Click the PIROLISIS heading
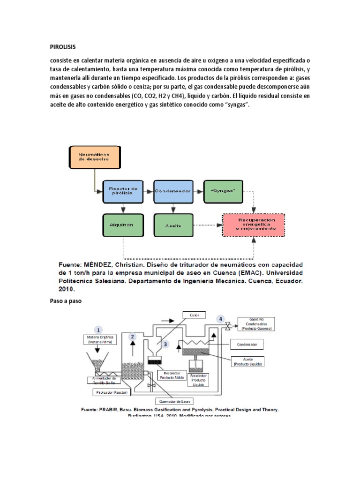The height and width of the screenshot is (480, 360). click(x=62, y=47)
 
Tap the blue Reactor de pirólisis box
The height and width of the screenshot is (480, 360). click(x=123, y=191)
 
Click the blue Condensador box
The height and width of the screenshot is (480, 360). click(x=173, y=191)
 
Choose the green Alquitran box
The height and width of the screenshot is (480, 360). click(x=121, y=225)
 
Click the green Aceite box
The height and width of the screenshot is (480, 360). click(x=173, y=225)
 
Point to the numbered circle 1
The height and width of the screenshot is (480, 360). click(x=99, y=330)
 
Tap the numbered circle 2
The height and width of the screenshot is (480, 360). click(x=133, y=336)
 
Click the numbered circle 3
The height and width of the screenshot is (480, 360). click(x=165, y=344)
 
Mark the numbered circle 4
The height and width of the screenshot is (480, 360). click(x=221, y=319)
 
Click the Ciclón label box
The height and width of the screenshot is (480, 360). click(x=195, y=315)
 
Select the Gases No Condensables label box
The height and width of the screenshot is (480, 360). click(x=255, y=323)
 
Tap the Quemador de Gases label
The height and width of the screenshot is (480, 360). click(x=173, y=401)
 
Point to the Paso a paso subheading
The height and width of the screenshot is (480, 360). click(x=66, y=301)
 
